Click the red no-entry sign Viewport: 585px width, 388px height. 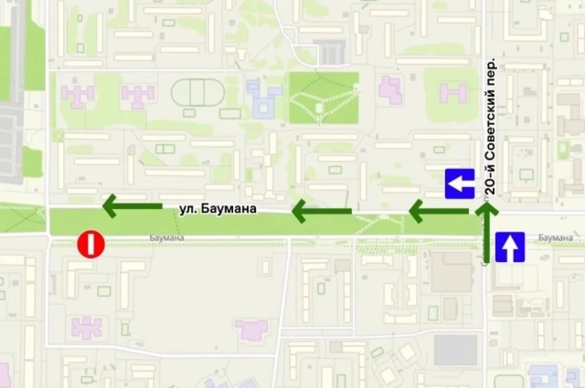(x=91, y=244)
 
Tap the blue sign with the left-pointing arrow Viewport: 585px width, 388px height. (x=459, y=184)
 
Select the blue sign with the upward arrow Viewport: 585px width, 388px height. (x=510, y=247)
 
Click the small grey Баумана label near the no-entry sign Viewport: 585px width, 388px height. (x=167, y=238)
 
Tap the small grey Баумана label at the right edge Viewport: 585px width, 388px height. (x=555, y=238)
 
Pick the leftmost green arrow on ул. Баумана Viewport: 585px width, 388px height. (x=132, y=206)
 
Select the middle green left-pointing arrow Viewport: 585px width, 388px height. (x=321, y=211)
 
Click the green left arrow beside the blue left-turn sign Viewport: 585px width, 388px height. (x=438, y=211)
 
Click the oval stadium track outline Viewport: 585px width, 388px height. (x=198, y=92)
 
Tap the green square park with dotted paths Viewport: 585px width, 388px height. (x=324, y=98)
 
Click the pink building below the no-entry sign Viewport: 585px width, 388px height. (x=87, y=327)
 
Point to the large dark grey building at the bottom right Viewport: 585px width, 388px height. (x=455, y=350)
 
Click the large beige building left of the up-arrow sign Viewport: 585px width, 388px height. (x=451, y=272)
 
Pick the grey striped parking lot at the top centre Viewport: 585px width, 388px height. (x=330, y=52)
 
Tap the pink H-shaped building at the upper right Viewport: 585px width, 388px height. (x=453, y=92)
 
